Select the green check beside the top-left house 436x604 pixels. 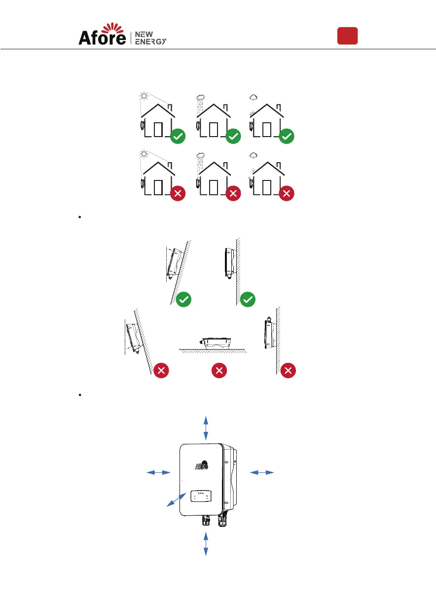click(178, 137)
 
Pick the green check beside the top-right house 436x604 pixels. click(287, 137)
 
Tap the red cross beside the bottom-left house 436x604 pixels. click(178, 194)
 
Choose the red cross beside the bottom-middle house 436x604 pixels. click(233, 194)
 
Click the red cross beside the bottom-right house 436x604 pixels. click(287, 194)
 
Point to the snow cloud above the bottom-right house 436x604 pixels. click(254, 156)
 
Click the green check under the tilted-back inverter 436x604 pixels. click(184, 299)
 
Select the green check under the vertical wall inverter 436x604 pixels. click(248, 299)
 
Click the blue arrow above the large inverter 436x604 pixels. click(206, 427)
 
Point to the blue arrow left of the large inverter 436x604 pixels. click(158, 473)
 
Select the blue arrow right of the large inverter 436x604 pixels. click(262, 473)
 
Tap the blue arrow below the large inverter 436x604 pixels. click(206, 544)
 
